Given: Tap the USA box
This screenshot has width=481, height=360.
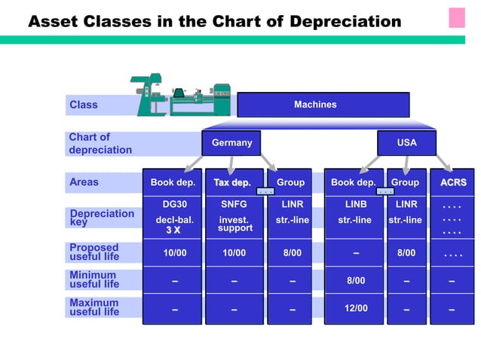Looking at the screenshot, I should [406, 142].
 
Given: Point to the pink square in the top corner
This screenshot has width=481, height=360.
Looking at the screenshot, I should [457, 17].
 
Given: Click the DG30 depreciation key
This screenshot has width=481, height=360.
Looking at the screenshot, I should [174, 204].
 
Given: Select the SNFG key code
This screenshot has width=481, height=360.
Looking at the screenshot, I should [234, 204].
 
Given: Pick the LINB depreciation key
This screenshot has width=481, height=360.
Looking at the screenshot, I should [355, 204].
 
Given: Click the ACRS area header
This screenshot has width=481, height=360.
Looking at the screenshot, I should [452, 182].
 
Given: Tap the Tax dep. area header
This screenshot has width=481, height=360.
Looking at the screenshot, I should [232, 182].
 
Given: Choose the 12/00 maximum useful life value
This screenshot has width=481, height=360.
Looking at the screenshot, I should [355, 308].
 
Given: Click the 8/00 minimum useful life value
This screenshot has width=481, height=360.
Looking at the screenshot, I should [355, 281].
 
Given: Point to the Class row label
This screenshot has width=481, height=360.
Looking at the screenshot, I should [84, 105].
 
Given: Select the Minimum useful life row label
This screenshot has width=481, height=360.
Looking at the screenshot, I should [94, 279].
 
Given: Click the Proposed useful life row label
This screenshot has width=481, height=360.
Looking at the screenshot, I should [94, 252].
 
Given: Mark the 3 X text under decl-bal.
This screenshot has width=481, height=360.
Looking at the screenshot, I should [173, 230].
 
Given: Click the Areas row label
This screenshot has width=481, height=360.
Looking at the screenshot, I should [84, 182].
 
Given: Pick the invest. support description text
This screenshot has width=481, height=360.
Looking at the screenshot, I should [234, 224].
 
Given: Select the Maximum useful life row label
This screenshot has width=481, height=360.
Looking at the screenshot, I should [94, 307].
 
